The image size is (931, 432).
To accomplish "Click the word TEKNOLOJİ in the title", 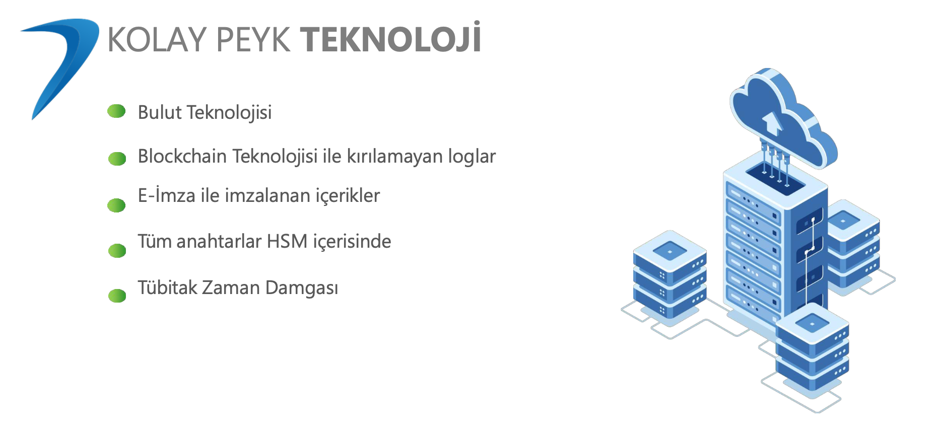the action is (390, 38).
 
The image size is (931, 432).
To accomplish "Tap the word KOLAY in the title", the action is (157, 39).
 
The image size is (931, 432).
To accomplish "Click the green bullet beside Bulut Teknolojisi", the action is (116, 111).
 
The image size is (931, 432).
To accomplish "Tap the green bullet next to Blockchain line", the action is (117, 159).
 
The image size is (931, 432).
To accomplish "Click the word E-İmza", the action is (167, 195).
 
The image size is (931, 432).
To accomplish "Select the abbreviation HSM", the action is (287, 242).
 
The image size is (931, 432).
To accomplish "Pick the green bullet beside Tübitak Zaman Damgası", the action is (117, 296).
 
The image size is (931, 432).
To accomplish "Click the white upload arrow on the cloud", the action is (771, 123).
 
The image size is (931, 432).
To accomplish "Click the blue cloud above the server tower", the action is (782, 118).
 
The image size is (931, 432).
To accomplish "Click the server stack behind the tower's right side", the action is (853, 244).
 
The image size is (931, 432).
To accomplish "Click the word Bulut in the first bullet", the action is (160, 112).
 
